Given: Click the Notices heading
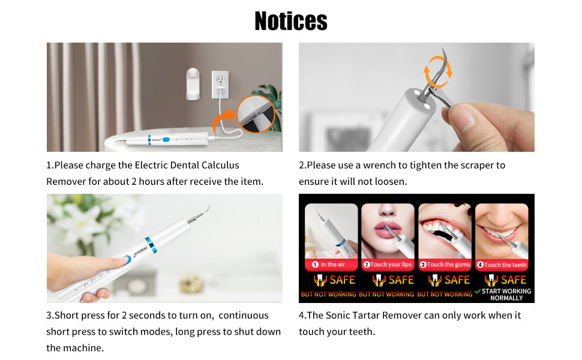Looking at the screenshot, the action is pyautogui.click(x=291, y=21).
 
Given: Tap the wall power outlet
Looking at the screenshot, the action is pyautogui.click(x=220, y=84).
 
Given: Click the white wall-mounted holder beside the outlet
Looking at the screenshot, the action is pyautogui.click(x=193, y=84).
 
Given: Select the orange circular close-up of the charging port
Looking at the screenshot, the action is pyautogui.click(x=256, y=113).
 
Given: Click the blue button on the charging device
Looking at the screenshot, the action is pyautogui.click(x=166, y=140).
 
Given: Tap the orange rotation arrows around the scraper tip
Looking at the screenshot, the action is pyautogui.click(x=438, y=71).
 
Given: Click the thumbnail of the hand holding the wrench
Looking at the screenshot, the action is pyautogui.click(x=416, y=97).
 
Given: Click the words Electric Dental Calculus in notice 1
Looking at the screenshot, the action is pyautogui.click(x=187, y=165).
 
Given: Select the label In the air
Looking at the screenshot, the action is pyautogui.click(x=333, y=265).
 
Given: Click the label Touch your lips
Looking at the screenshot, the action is pyautogui.click(x=391, y=265).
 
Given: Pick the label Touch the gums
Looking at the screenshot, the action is pyautogui.click(x=448, y=265).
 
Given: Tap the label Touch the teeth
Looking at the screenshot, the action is pyautogui.click(x=505, y=265).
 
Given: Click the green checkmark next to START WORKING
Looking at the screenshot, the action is pyautogui.click(x=478, y=292).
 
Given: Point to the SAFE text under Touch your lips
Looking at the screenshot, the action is pyautogui.click(x=401, y=280).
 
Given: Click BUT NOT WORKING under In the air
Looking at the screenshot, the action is pyautogui.click(x=328, y=295).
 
